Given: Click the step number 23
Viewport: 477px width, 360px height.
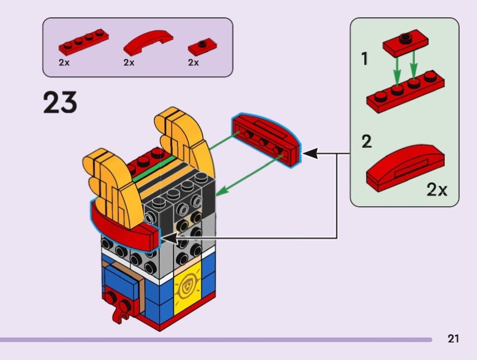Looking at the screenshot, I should point(60,103).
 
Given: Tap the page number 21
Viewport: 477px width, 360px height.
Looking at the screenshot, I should point(453,339).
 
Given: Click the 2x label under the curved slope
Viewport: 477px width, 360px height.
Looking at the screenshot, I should point(129,62).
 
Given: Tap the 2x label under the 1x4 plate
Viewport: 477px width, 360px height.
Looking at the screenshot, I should point(64,62).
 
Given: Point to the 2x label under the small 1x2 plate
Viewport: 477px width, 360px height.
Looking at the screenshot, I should point(193,62).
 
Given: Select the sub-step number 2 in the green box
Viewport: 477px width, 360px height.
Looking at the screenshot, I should point(366,142).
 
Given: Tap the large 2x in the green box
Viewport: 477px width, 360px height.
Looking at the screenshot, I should point(436,190).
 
